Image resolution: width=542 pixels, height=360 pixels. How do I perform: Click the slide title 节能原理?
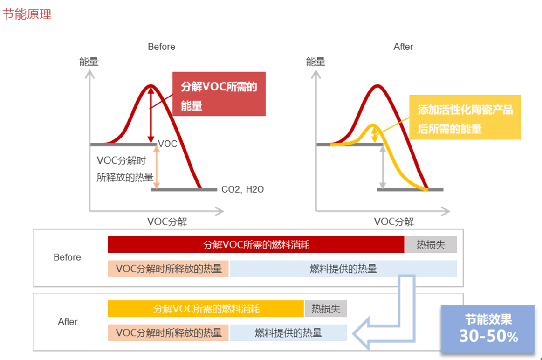pyautogui.click(x=27, y=14)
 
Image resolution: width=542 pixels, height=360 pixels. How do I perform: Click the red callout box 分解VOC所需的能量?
pyautogui.click(x=219, y=94)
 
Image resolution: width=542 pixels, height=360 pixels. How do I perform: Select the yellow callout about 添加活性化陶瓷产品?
pyautogui.click(x=465, y=117)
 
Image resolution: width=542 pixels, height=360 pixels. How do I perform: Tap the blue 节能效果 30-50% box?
pyautogui.click(x=487, y=328)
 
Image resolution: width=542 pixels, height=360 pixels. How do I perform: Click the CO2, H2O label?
pyautogui.click(x=242, y=190)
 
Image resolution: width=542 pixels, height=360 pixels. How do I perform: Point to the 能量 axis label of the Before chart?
pyautogui.click(x=89, y=62)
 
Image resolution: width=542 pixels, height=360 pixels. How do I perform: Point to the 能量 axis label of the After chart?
pyautogui.click(x=316, y=62)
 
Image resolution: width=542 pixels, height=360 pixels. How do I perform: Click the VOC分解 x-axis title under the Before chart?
pyautogui.click(x=167, y=222)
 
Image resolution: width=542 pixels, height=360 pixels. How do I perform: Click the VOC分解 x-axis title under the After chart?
pyautogui.click(x=394, y=222)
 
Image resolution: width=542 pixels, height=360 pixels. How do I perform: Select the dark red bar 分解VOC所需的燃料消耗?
pyautogui.click(x=256, y=245)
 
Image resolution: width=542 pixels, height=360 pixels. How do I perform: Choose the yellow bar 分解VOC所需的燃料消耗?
pyautogui.click(x=206, y=309)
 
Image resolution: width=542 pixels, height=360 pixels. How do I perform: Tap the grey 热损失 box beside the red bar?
pyautogui.click(x=431, y=245)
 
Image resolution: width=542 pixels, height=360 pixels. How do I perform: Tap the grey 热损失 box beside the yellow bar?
pyautogui.click(x=326, y=309)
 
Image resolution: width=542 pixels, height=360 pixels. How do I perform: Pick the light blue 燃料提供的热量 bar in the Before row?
pyautogui.click(x=343, y=269)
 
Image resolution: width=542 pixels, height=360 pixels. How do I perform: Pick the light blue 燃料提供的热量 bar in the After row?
pyautogui.click(x=288, y=332)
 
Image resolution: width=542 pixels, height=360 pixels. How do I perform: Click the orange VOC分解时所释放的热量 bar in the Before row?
pyautogui.click(x=168, y=269)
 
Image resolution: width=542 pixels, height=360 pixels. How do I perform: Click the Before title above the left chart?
pyautogui.click(x=161, y=47)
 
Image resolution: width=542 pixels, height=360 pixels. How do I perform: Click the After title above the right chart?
pyautogui.click(x=403, y=47)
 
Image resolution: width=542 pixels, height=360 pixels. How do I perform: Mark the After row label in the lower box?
pyautogui.click(x=68, y=322)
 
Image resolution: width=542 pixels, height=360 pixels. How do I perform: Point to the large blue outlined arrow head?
pyautogui.click(x=366, y=333)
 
